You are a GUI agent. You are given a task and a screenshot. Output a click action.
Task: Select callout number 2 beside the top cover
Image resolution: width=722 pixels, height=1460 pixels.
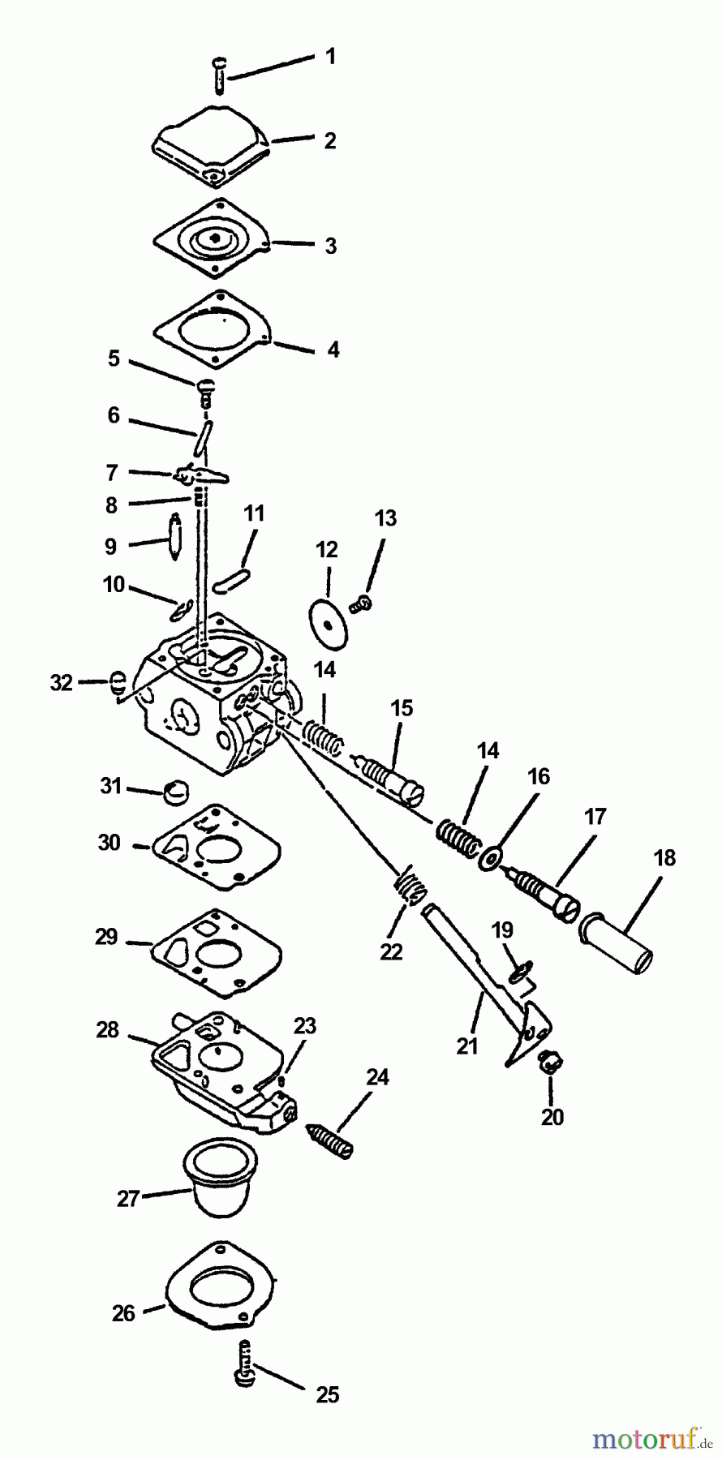(330, 140)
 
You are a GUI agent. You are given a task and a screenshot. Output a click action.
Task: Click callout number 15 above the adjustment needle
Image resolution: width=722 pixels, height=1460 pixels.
(402, 708)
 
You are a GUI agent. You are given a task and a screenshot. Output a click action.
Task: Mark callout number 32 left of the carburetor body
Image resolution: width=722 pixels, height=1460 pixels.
(61, 683)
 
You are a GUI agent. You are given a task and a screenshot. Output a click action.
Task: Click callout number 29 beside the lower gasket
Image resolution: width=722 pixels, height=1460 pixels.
(106, 937)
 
